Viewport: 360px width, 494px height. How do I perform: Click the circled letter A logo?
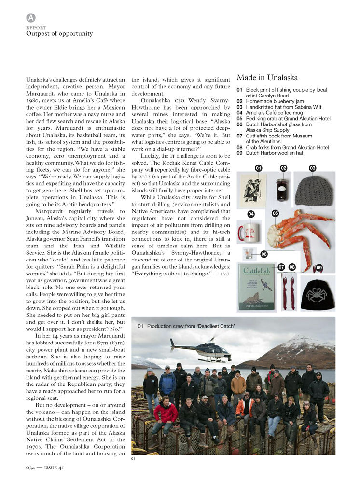31,18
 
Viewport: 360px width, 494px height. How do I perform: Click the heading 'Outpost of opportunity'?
59,34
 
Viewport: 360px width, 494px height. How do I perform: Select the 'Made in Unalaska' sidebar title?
267,78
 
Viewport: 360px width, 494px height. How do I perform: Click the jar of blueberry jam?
282,190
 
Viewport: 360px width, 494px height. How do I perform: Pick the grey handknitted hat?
314,190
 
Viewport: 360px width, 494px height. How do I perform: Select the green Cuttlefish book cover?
257,288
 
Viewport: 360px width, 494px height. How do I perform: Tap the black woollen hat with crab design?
317,294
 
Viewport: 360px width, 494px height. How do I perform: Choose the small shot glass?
249,254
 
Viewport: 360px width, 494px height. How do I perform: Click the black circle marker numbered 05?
275,213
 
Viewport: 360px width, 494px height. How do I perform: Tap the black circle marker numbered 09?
319,267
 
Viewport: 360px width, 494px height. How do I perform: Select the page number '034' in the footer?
31,467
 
